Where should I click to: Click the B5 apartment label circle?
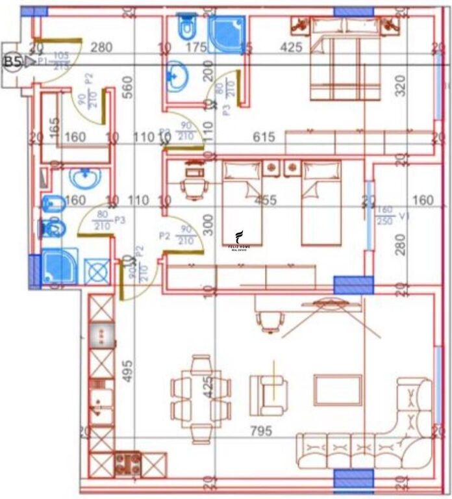pyautogui.click(x=12, y=62)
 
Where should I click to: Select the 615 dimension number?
pyautogui.click(x=264, y=137)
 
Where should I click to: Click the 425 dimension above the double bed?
pyautogui.click(x=290, y=47)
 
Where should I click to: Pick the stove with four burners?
pyautogui.click(x=128, y=463)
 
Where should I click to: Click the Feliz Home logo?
pyautogui.click(x=240, y=240)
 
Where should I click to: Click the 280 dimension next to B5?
pyautogui.click(x=101, y=47)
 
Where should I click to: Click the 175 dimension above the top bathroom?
pyautogui.click(x=195, y=47)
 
